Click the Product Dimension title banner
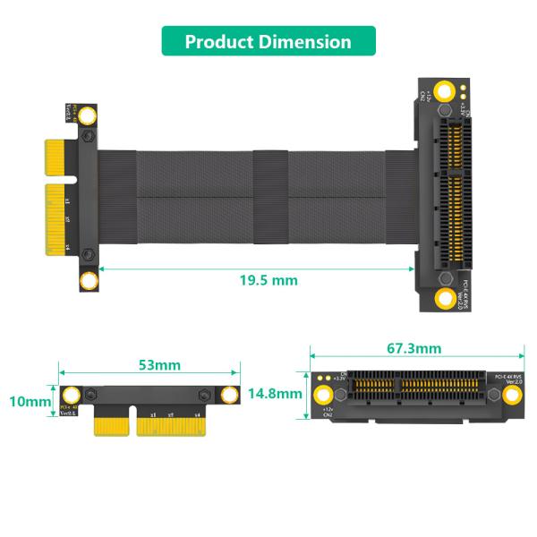(268, 41)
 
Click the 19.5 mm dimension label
(268, 280)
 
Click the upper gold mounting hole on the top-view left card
(89, 115)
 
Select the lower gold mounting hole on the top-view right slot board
(446, 299)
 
